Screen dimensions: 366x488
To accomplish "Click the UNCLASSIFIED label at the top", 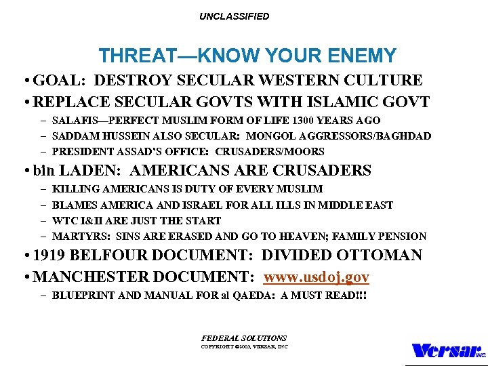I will [x=234, y=16].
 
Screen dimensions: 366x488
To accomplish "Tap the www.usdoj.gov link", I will [x=317, y=277].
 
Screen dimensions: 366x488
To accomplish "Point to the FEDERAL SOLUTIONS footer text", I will [x=244, y=338].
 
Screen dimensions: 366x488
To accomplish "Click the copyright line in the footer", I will [x=244, y=346].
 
